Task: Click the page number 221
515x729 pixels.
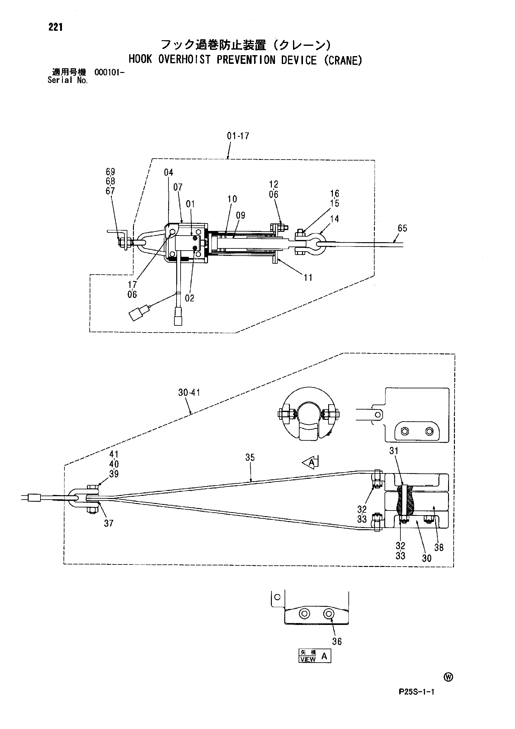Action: (55, 28)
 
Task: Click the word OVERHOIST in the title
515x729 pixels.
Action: (184, 60)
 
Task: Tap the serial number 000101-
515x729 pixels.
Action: (109, 72)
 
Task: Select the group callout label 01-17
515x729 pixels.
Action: (238, 136)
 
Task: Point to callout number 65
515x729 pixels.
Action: (402, 228)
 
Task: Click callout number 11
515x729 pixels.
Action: (308, 277)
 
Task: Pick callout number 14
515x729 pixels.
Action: (334, 219)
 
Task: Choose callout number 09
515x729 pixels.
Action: (241, 215)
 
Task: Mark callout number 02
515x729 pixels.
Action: (189, 298)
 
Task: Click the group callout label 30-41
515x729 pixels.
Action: (189, 393)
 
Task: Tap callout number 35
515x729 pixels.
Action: (250, 458)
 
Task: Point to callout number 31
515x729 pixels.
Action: (394, 451)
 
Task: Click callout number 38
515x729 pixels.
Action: (439, 547)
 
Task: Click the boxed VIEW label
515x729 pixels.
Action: (308, 659)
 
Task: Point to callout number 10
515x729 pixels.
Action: (232, 199)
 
